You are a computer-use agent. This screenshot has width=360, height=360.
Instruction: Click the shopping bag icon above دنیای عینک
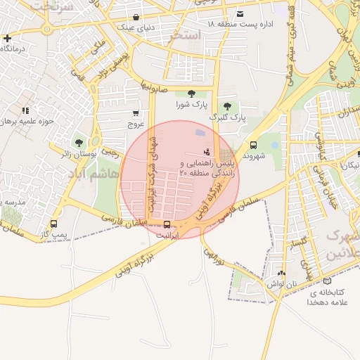click(135, 17)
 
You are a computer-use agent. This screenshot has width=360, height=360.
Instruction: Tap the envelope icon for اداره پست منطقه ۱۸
click(240, 13)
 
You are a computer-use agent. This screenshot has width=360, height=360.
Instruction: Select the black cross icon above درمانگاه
click(7, 38)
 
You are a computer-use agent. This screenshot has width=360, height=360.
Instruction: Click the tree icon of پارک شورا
click(191, 94)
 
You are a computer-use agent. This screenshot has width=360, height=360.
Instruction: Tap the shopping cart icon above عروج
click(135, 112)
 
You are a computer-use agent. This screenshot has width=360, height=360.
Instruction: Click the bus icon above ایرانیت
click(166, 225)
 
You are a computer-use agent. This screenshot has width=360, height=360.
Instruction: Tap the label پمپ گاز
click(52, 233)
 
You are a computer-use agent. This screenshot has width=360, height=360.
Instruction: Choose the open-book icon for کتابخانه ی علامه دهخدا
click(326, 281)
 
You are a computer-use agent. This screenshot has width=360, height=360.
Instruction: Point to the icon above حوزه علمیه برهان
click(26, 110)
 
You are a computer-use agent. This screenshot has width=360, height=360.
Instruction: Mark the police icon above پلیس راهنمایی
click(207, 151)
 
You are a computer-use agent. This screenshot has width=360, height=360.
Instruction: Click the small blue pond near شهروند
click(274, 146)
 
